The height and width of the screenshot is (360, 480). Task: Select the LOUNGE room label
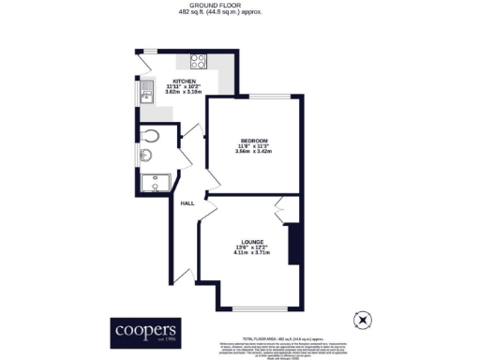click(249, 240)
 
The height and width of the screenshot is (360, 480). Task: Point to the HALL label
click(187, 202)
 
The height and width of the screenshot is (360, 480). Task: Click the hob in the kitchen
click(199, 62)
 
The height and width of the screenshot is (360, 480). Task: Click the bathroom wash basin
click(150, 156)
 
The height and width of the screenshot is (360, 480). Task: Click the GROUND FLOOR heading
click(239, 6)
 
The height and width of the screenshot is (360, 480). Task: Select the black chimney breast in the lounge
click(293, 244)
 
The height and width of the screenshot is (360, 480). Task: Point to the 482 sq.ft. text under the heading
click(239, 13)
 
